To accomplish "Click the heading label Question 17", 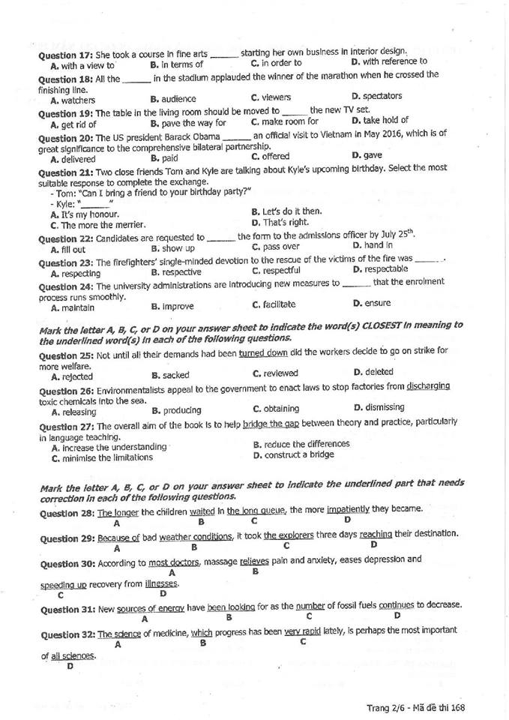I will pyautogui.click(x=64, y=55).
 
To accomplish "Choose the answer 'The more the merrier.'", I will pyautogui.click(x=103, y=225).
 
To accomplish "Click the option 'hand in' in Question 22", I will pyautogui.click(x=377, y=245).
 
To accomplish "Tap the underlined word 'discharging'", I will pyautogui.click(x=428, y=385).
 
